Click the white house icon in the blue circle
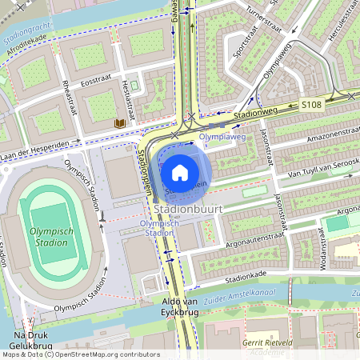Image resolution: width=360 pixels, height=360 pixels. click(x=180, y=172)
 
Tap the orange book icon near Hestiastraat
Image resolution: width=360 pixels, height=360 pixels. click(x=119, y=124)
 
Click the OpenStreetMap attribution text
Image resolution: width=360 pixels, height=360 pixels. click(x=80, y=354)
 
